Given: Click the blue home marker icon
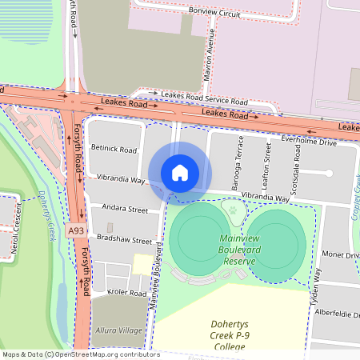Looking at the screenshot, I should (x=180, y=172).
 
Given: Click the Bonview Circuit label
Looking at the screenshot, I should (x=214, y=14).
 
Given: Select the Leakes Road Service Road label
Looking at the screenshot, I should (x=204, y=98).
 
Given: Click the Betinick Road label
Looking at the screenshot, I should (x=114, y=150).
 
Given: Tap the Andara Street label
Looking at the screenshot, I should (x=125, y=210).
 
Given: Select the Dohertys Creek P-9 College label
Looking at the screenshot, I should (x=232, y=335).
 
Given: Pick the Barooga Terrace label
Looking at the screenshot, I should (x=238, y=162).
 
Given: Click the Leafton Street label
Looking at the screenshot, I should (x=267, y=164).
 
